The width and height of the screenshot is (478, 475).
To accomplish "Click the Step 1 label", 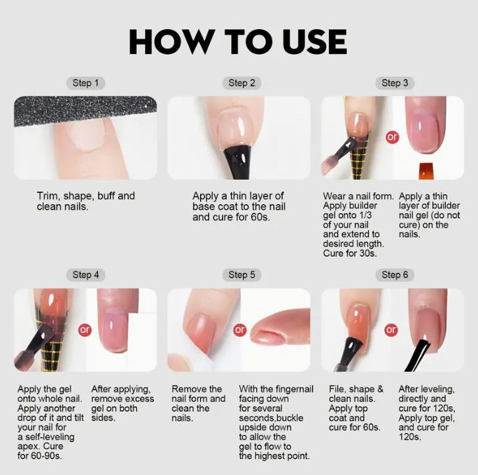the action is pos(85,83).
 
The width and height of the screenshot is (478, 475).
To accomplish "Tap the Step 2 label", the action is pos(241,83).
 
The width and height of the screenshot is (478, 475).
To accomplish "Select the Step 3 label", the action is pos(395,83).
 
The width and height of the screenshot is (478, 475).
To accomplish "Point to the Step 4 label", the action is pos(85,275).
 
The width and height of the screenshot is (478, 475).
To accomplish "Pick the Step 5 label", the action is pos(241,275).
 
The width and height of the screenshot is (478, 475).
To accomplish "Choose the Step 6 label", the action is pos(395,275).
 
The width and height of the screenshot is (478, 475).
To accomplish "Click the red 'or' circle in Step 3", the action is pos(392,137).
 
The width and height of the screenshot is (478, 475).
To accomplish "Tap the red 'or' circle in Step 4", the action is pos(85,329).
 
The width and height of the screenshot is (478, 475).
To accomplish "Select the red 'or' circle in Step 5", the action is pos(240,329).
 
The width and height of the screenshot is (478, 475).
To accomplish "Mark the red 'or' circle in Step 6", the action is pos(391,329).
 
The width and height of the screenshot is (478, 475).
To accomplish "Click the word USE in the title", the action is pos(315,42).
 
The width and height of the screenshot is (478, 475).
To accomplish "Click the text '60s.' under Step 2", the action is pos(261,218).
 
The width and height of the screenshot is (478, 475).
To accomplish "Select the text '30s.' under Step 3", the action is pos(367,253).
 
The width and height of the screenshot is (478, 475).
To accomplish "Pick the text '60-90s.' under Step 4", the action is pos(46,456).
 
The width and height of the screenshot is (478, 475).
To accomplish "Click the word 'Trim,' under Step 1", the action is pos(48,196).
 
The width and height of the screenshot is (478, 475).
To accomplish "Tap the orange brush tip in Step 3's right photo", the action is pos(426,171).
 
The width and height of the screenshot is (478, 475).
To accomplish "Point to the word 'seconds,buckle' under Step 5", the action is pos(271,418).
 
